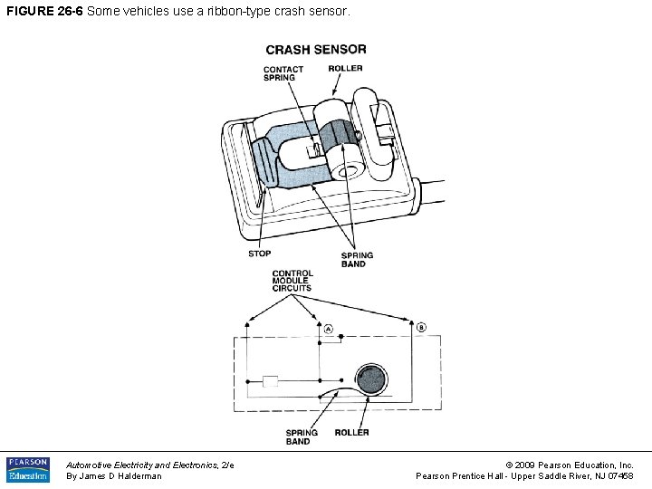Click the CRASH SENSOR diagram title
click(x=316, y=50)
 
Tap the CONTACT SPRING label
click(x=283, y=73)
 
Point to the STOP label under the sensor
click(x=259, y=254)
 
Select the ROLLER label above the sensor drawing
click(x=345, y=68)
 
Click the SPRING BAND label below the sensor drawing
click(x=357, y=260)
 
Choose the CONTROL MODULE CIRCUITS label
click(x=292, y=281)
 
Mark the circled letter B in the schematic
click(x=421, y=327)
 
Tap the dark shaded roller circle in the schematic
click(x=370, y=379)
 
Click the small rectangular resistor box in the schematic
click(x=270, y=380)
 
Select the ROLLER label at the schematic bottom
click(x=351, y=433)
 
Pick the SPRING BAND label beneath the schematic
click(x=301, y=437)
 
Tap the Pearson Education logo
click(x=28, y=469)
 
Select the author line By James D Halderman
click(x=114, y=476)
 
